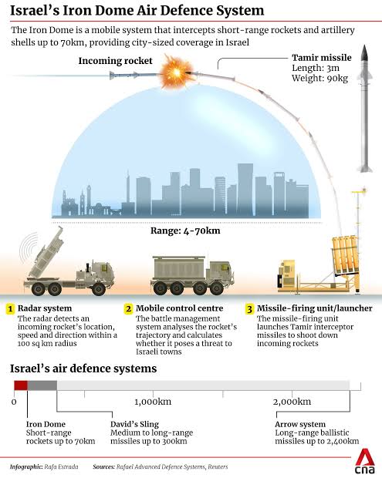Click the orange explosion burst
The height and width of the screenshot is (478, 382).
pos(177,72)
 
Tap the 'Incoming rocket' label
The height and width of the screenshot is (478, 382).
pos(115,61)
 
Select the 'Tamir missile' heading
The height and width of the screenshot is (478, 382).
pos(322,58)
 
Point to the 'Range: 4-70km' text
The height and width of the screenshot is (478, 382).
pos(185,231)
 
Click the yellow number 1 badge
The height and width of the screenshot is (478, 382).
pos(10,309)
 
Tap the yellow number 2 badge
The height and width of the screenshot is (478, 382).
pos(128,309)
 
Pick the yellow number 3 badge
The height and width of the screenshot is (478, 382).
pos(249,309)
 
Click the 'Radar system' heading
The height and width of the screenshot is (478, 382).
pos(45,308)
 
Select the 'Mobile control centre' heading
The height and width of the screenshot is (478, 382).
pos(179,308)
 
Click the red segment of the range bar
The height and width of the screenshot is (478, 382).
pos(21,385)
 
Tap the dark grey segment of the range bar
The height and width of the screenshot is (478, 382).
pos(42,385)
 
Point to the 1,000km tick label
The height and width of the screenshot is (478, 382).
pos(153,402)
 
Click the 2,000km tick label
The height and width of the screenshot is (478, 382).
pos(292,402)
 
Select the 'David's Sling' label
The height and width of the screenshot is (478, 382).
pos(134,424)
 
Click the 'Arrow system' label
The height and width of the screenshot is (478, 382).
pos(300,424)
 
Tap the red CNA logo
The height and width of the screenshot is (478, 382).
pos(364,461)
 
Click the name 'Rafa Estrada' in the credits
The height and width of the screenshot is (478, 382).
pos(61,466)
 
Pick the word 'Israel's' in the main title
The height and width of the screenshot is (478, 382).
pos(34,11)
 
